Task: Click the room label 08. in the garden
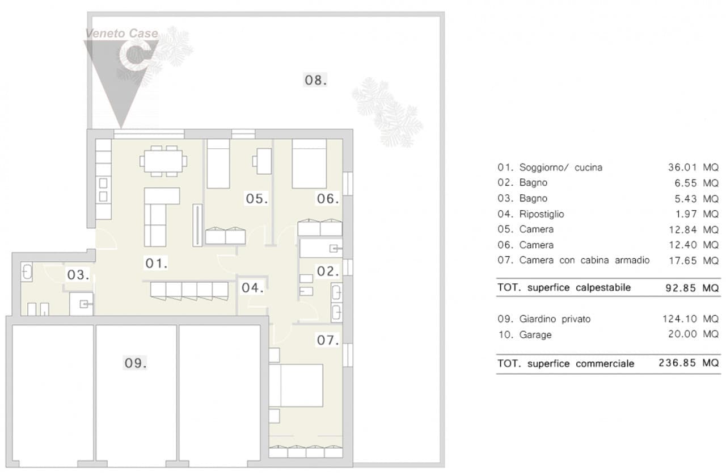[315, 80]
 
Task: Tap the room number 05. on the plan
[257, 199]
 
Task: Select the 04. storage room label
[252, 288]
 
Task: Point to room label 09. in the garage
[136, 363]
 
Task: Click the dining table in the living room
[163, 161]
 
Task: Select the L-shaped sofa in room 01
[162, 217]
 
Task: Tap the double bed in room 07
[296, 386]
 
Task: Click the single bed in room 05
[218, 164]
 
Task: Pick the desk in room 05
[262, 161]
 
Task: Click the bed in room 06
[309, 164]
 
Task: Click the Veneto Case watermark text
[121, 34]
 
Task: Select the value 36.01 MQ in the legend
[693, 168]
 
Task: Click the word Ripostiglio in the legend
[542, 214]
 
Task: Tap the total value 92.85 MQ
[692, 288]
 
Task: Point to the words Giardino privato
[555, 319]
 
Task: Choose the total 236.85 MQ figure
[689, 363]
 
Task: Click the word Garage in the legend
[535, 335]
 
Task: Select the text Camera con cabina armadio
[584, 260]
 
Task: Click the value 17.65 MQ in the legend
[694, 261]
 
